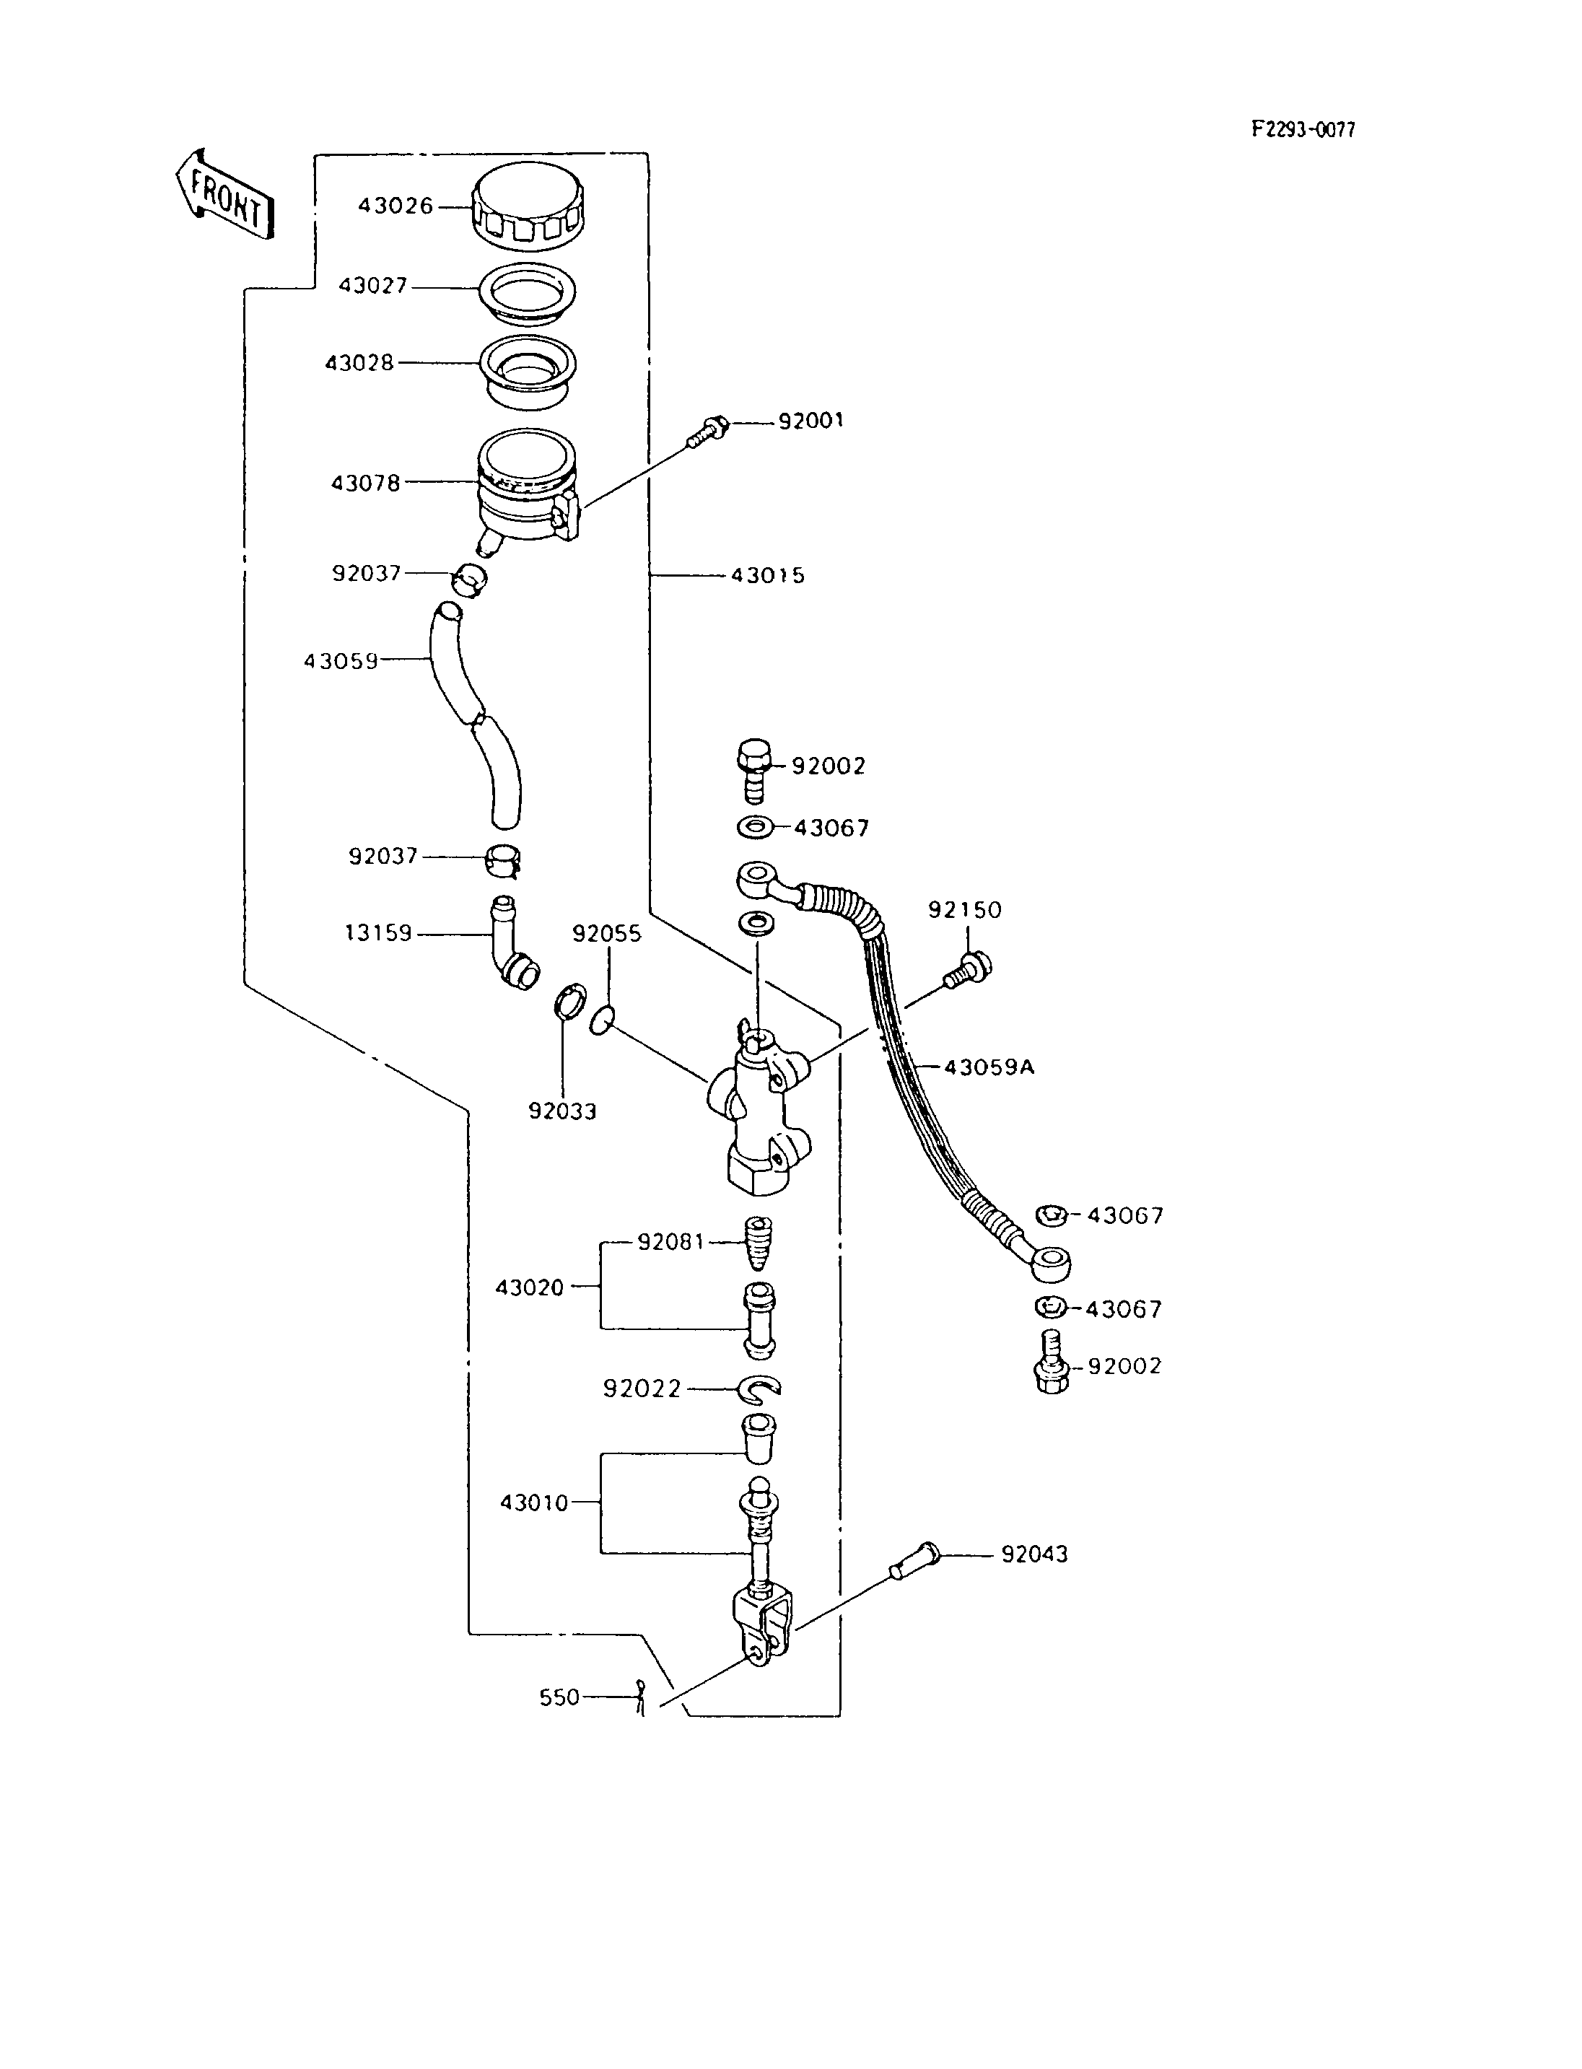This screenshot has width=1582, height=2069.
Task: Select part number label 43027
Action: [373, 285]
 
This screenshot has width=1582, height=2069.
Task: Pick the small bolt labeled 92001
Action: [707, 432]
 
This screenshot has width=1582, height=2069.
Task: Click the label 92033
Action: [562, 1111]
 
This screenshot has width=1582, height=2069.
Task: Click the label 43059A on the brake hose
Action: [989, 1067]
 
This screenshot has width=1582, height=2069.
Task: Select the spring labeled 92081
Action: [758, 1243]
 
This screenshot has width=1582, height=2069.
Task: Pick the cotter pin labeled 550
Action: [640, 1697]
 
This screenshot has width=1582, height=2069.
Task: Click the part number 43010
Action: [534, 1503]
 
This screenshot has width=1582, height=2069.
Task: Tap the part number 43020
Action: [529, 1287]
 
